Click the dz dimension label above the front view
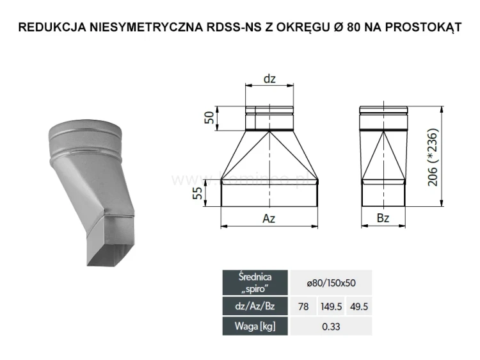(269, 79)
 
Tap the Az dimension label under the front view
(269, 218)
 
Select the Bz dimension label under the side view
(383, 218)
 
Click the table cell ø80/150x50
(330, 282)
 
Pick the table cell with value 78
(303, 307)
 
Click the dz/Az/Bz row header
(255, 307)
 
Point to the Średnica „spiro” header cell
(255, 282)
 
